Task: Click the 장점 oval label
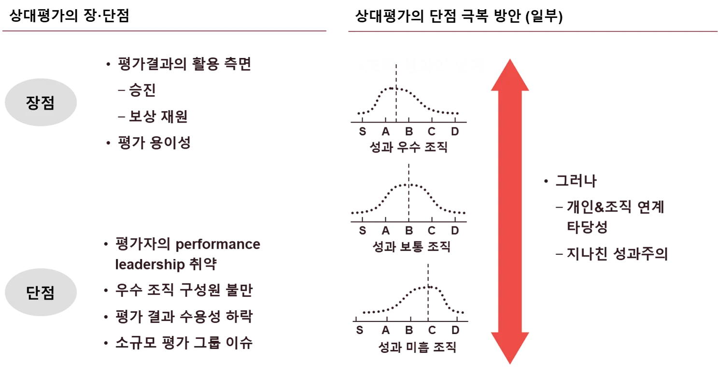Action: (41, 103)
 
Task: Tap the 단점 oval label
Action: (41, 293)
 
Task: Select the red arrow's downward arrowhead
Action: (511, 348)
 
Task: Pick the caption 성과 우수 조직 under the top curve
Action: (408, 147)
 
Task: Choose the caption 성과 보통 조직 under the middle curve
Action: (411, 247)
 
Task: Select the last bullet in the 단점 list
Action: (183, 344)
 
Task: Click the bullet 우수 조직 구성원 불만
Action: (183, 291)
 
